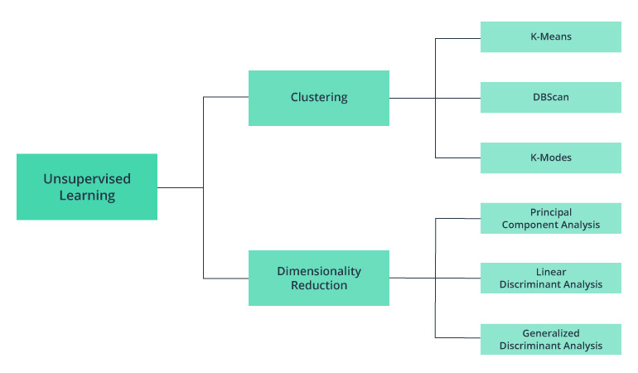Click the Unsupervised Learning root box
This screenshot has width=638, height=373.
point(87,186)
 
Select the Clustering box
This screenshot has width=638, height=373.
point(319,98)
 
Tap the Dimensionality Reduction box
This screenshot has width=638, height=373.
point(319,278)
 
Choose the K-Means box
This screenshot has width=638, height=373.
point(551,37)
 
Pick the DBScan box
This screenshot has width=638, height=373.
point(551,98)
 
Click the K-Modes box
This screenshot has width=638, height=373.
point(551,157)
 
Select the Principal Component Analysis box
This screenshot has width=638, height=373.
point(551,219)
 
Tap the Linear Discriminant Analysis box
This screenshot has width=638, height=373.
point(551,279)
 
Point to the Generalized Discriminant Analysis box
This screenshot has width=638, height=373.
point(551,340)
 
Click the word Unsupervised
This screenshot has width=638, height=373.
point(87,178)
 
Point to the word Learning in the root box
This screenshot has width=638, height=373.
point(87,196)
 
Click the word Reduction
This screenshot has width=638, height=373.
point(319,286)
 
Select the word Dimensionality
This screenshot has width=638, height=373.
point(319,271)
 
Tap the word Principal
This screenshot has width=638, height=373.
point(551,213)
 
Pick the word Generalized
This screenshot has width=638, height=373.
point(551,333)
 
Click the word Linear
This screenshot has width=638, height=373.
point(551,272)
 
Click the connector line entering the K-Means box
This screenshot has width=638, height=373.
point(458,37)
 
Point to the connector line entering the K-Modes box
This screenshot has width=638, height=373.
point(458,157)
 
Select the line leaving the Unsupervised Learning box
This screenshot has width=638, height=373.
point(180,187)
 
